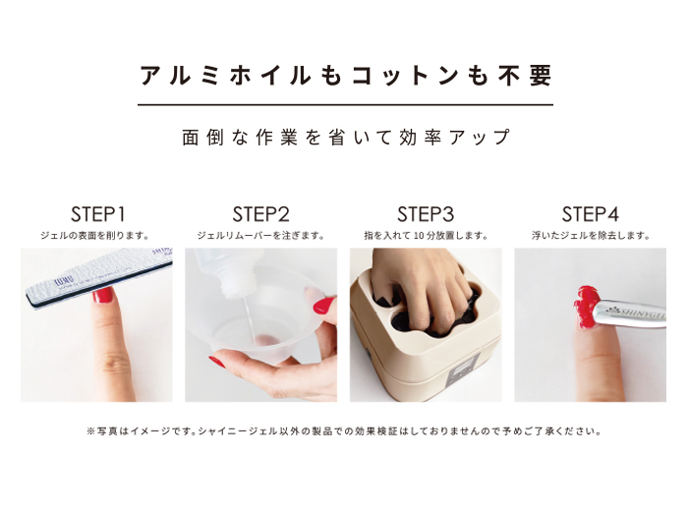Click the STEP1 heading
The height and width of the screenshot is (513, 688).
(96, 213)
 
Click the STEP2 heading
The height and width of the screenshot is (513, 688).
(261, 213)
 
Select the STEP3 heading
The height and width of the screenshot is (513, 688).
(426, 213)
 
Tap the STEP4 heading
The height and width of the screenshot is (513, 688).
(590, 213)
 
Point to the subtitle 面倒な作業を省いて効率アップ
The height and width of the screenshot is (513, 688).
(345, 137)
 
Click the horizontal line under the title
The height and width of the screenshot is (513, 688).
(345, 104)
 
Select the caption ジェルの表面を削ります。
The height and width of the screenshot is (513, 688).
(96, 236)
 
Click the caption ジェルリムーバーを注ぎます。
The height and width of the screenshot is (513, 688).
(261, 236)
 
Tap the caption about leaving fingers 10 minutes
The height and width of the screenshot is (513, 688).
(426, 236)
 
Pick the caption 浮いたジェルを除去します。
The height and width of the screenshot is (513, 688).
(590, 236)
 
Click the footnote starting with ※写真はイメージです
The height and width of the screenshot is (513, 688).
(345, 430)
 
